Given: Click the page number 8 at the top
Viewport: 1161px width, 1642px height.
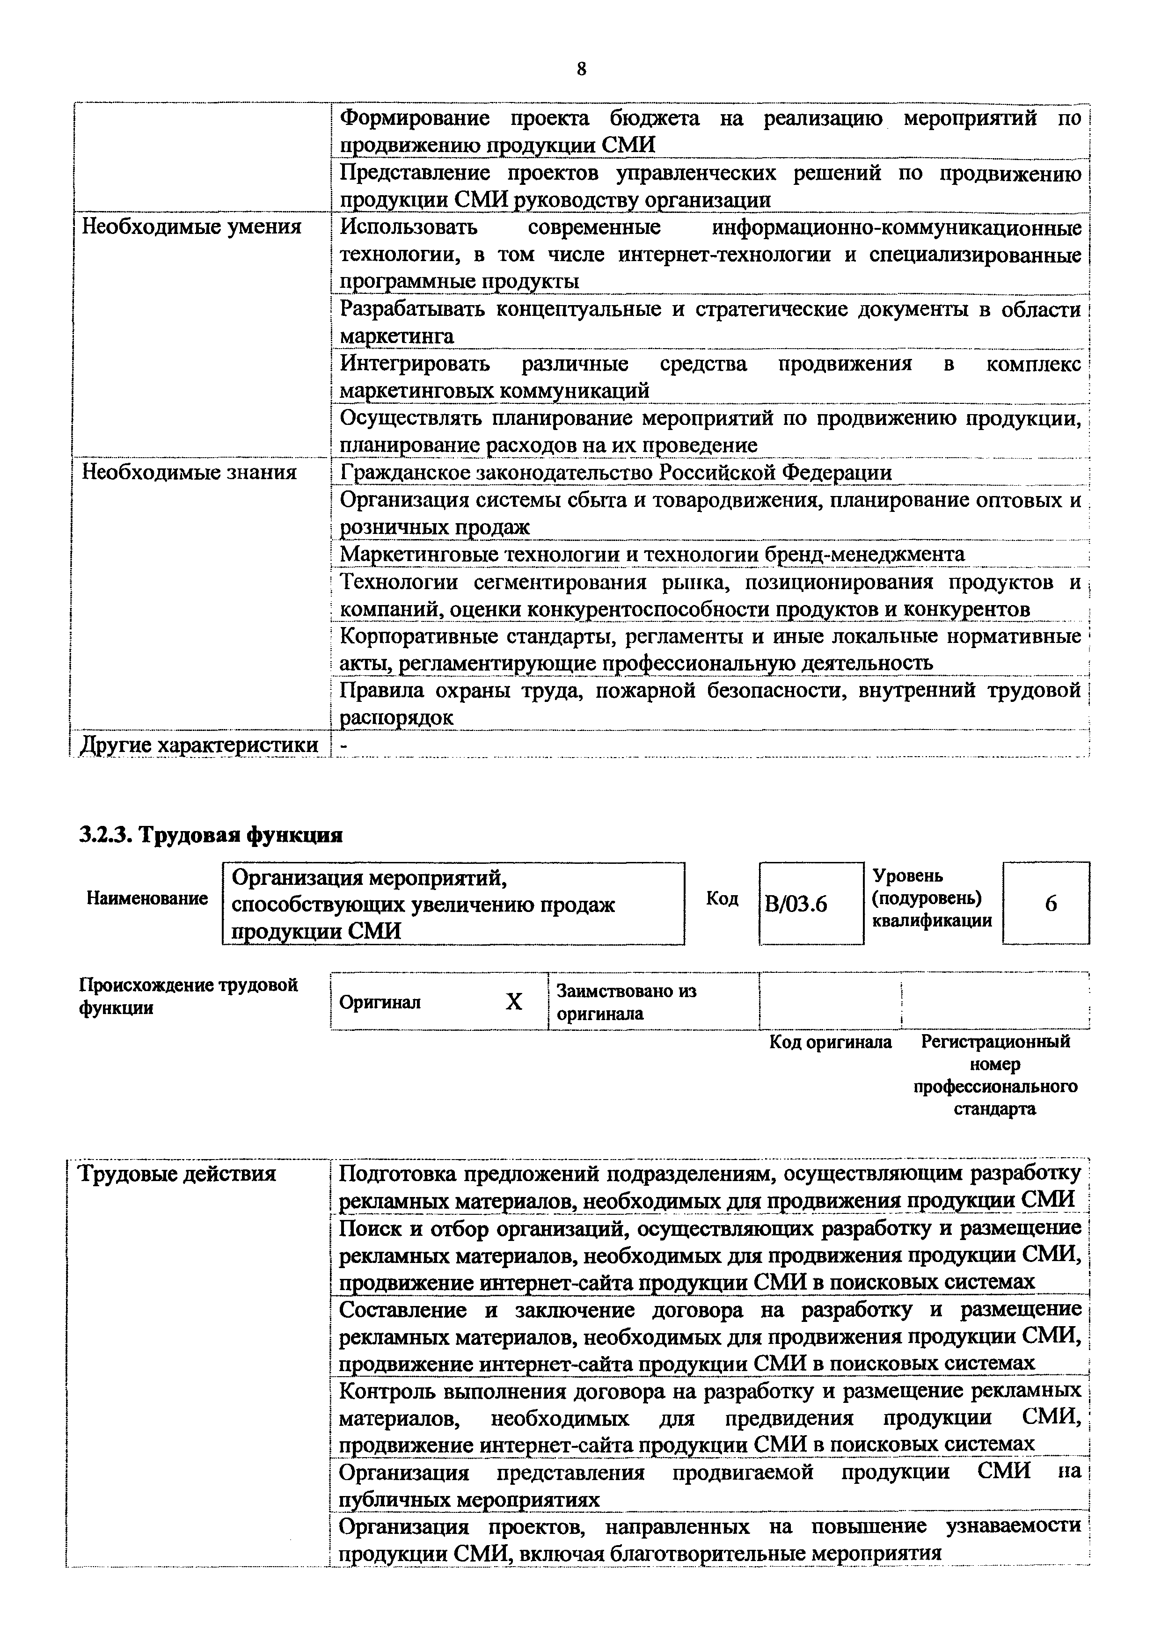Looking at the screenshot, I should [x=580, y=69].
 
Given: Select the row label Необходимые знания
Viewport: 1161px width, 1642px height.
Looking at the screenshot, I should [x=189, y=472].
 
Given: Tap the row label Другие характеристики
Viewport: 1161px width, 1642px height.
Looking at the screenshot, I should [x=199, y=744].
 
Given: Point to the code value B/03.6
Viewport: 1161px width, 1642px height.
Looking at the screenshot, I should [x=796, y=905].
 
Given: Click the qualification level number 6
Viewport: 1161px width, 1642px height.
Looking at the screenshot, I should [x=1050, y=904].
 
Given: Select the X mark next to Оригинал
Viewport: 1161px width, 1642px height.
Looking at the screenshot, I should [x=514, y=1002].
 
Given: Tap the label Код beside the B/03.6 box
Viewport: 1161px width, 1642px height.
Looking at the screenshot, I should [x=722, y=898].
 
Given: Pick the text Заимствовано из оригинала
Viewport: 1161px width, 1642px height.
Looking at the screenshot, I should [x=626, y=1002].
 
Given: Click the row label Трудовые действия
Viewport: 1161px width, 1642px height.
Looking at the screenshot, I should [x=176, y=1174].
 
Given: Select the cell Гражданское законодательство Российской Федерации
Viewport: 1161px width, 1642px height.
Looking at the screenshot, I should [x=615, y=473].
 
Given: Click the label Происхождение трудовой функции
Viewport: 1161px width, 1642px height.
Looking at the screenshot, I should [x=188, y=996].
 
